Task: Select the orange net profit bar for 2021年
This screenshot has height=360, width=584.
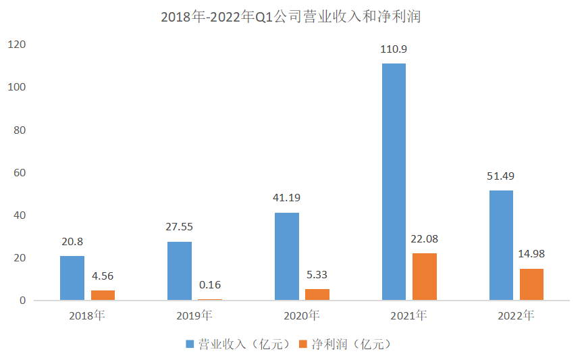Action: [425, 276]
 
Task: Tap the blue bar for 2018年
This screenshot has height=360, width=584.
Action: [72, 278]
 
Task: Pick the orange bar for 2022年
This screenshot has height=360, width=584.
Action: [531, 284]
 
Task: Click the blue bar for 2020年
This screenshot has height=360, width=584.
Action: [287, 256]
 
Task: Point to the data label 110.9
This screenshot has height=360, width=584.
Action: [394, 49]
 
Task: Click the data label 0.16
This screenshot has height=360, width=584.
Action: [210, 284]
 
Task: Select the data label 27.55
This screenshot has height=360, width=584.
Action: [179, 227]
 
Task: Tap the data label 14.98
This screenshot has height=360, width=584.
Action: [531, 254]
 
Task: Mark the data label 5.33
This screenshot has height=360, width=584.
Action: [317, 275]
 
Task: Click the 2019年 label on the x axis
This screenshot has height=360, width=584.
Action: [194, 315]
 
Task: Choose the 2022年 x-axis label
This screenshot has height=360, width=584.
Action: [516, 315]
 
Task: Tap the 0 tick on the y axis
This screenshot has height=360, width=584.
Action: [22, 301]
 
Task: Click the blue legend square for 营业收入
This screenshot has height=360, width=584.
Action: [190, 344]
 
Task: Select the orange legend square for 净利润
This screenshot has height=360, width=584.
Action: [304, 344]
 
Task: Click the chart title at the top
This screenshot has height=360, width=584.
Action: [291, 17]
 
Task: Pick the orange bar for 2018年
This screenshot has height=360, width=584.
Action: [103, 295]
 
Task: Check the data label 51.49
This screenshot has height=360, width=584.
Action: [501, 176]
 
